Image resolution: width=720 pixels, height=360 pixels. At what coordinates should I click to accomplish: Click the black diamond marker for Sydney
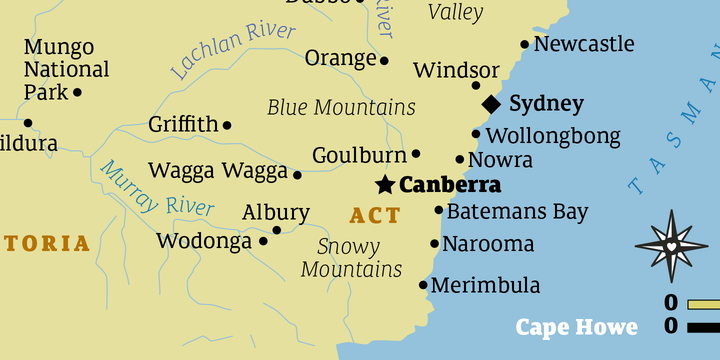tap(491, 104)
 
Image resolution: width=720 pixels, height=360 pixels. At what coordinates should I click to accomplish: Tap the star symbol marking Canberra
tap(384, 185)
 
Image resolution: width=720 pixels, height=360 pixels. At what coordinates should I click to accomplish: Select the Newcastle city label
tap(584, 44)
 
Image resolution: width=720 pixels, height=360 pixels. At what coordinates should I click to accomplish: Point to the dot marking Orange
tap(384, 60)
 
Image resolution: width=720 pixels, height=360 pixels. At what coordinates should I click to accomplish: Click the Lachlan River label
tap(233, 50)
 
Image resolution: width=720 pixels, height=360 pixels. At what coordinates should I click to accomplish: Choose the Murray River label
tap(157, 190)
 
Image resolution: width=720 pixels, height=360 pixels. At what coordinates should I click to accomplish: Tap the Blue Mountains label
tap(341, 107)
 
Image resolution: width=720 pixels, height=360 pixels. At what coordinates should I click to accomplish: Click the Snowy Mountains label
tap(351, 258)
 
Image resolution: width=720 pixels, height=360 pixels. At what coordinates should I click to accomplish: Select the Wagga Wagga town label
tap(218, 171)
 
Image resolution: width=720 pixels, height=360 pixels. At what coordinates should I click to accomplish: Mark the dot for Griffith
tap(227, 125)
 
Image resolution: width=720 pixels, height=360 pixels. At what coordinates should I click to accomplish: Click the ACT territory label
tap(375, 215)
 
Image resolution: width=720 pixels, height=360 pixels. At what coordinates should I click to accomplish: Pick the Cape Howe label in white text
tap(576, 327)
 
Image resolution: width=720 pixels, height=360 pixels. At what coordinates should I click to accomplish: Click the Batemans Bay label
tap(517, 212)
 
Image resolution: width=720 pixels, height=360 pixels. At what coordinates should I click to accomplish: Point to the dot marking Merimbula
tap(423, 285)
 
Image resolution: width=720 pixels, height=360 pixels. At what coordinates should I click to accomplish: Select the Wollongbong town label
tap(552, 135)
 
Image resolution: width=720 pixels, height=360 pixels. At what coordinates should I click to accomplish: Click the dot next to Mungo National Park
tap(77, 92)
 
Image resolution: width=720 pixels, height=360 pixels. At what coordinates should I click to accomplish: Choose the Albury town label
tap(276, 213)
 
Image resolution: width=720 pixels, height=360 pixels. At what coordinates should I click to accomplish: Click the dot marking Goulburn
tap(416, 154)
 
